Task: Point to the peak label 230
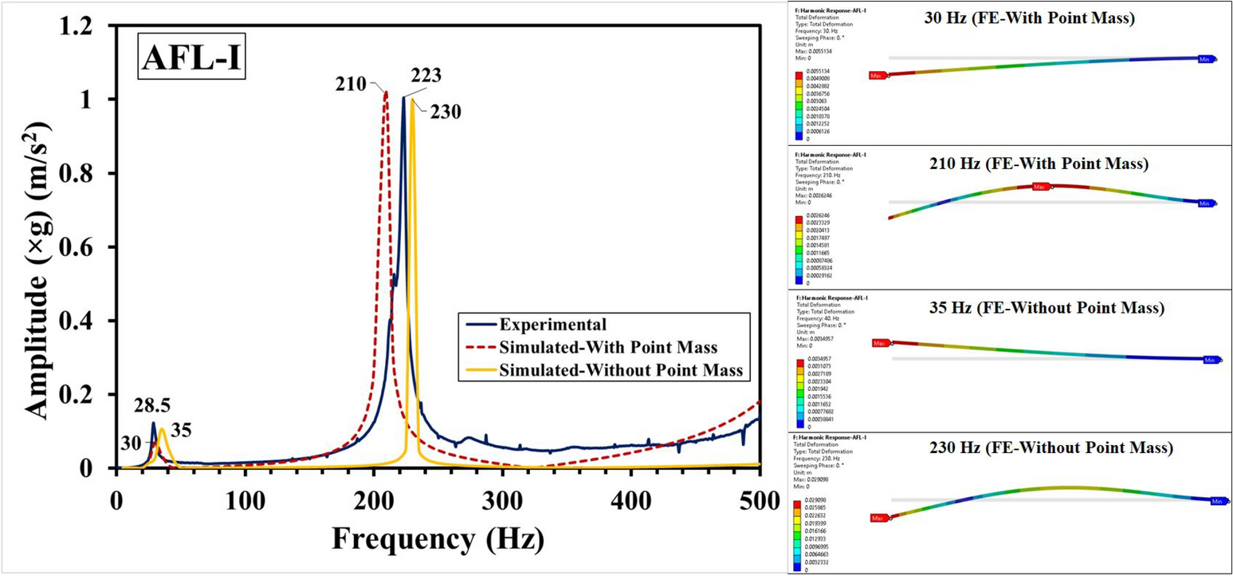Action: [445, 112]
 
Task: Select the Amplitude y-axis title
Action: [36, 247]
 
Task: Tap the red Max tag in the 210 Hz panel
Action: [1039, 187]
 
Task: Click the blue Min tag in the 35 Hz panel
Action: [1210, 360]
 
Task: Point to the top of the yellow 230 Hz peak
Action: [412, 99]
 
